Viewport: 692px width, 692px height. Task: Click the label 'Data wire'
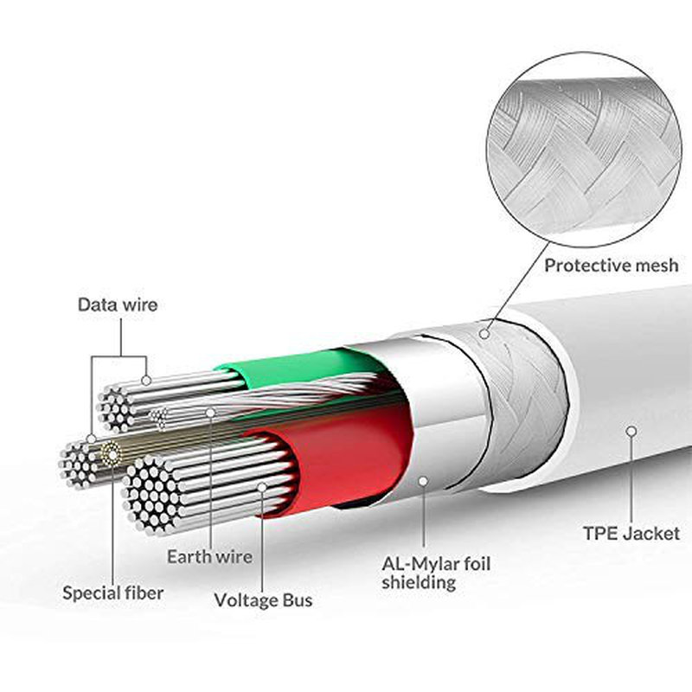coord(118,304)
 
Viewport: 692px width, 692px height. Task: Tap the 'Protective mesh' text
coord(610,266)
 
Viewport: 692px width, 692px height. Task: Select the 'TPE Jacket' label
coord(631,534)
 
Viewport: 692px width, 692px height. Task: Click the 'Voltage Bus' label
coord(263,599)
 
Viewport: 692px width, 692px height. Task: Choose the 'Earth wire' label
coord(209,556)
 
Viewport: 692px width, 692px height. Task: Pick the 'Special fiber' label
coord(113,593)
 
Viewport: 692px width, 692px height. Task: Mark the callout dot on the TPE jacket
coord(631,430)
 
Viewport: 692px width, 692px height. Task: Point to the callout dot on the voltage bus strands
coord(263,488)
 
